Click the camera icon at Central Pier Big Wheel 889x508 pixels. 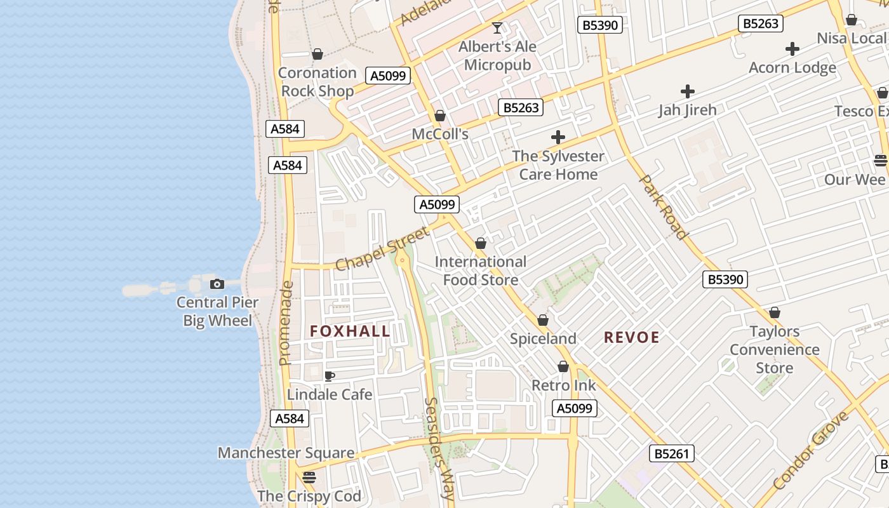coord(217,284)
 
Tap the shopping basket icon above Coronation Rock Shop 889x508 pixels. coord(317,54)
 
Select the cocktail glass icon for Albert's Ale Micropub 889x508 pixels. coord(497,28)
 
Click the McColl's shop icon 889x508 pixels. coord(439,116)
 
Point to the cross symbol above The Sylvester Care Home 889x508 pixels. coord(558,137)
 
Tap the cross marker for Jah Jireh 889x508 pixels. coord(687,91)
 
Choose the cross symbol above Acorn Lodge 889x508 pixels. coord(792,49)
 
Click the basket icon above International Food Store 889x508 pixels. coord(481,243)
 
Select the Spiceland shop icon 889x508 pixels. coord(543,320)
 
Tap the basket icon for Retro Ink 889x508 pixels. coord(563,366)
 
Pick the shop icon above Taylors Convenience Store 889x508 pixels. coord(774,312)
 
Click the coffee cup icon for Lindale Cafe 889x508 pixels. coord(329,376)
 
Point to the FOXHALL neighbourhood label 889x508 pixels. coord(350,331)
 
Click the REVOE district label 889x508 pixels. coord(631,337)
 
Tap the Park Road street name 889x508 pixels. coord(664,207)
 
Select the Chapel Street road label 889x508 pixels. coord(382,249)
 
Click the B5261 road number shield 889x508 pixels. coord(671,453)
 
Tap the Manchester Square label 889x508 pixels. coord(286,453)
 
